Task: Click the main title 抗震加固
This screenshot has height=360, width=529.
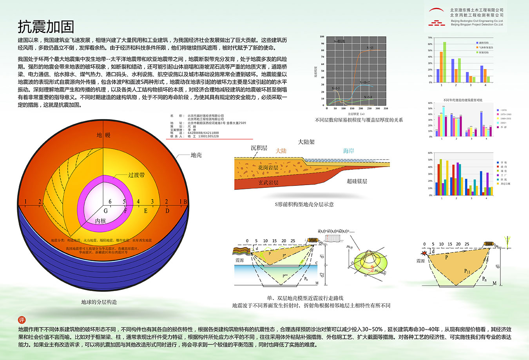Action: (x=46, y=27)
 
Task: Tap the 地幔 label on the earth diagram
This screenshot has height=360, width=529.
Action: (x=103, y=135)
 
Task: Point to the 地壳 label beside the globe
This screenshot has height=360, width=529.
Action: (x=196, y=155)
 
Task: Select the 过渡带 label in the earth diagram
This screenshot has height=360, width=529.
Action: (x=136, y=175)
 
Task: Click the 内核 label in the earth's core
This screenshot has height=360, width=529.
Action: (x=101, y=221)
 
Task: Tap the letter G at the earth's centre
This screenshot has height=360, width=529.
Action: (x=105, y=211)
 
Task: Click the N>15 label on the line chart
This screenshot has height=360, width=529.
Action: (x=370, y=48)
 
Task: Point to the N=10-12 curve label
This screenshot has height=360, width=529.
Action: (x=365, y=83)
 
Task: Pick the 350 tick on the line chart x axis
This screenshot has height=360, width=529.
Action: (x=386, y=108)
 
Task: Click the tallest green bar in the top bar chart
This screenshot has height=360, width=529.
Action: (x=445, y=62)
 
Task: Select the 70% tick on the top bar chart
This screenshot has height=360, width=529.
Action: (x=430, y=38)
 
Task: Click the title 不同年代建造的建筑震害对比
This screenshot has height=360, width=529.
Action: (x=463, y=100)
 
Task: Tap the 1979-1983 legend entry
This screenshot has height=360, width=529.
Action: (x=506, y=114)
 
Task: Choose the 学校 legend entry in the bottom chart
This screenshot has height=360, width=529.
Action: (x=504, y=162)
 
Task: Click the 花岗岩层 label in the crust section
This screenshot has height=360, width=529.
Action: (x=268, y=168)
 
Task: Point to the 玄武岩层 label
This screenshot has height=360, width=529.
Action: (x=268, y=182)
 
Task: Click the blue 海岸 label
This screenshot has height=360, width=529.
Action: (x=348, y=151)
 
